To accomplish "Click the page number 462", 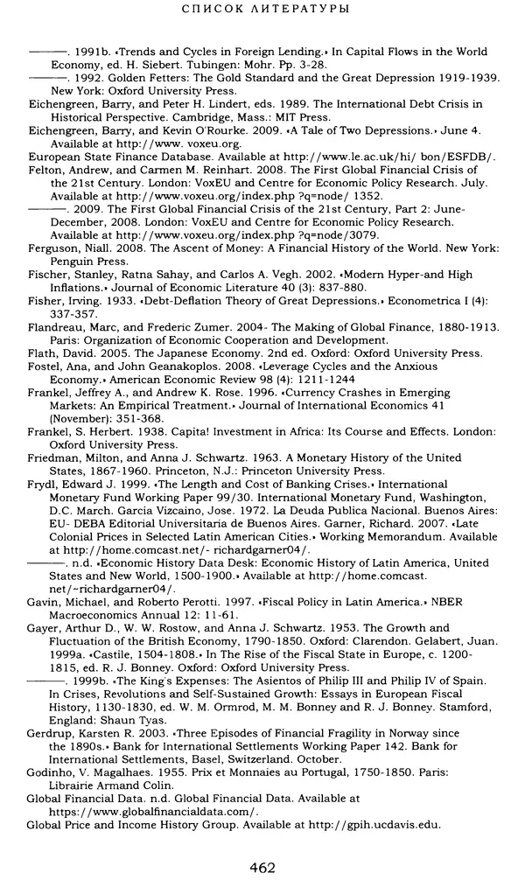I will coord(262,868).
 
